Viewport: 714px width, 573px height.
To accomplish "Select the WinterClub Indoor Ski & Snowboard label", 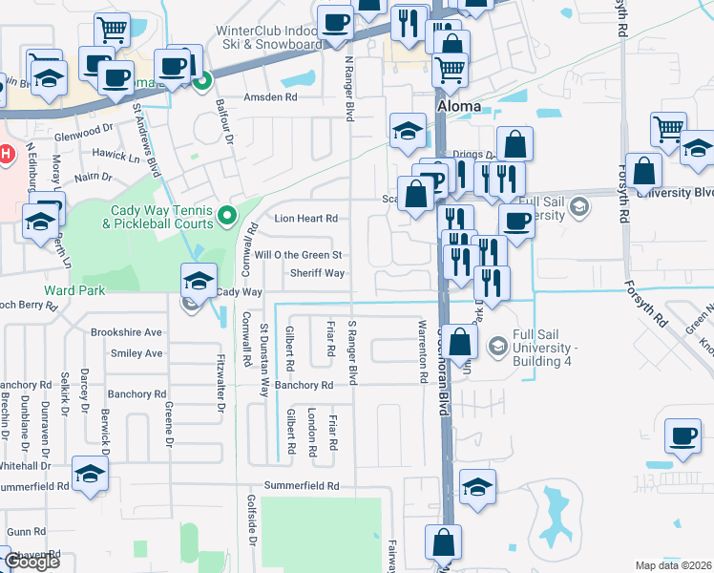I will (268, 37).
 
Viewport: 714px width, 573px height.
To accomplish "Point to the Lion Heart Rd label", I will (306, 219).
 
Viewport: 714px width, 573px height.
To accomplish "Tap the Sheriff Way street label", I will (318, 273).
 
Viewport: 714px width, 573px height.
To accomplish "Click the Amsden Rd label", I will (270, 97).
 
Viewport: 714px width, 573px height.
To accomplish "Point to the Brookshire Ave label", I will (127, 332).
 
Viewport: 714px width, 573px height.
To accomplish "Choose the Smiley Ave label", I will (136, 353).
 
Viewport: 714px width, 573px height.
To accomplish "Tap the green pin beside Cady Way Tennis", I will (226, 216).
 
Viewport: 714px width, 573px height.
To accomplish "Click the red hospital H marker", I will (6, 153).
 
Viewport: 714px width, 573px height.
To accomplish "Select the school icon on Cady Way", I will (199, 281).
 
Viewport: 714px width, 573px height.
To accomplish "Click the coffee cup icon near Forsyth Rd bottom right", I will (683, 436).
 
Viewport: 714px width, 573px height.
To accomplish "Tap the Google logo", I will (31, 562).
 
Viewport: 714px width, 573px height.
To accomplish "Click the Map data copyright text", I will (674, 565).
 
